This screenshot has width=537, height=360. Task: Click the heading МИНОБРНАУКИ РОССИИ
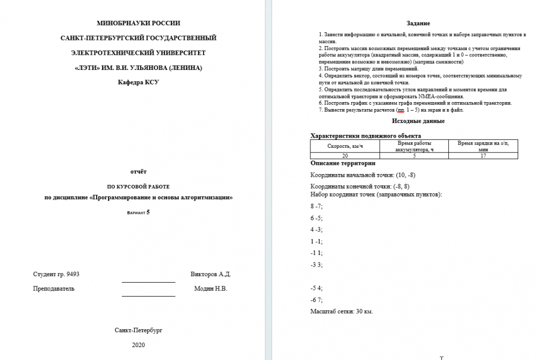138,23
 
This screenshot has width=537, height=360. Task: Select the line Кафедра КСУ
138,82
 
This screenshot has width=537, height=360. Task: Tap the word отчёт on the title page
138,171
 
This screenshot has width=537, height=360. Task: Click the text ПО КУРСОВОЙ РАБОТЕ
138,186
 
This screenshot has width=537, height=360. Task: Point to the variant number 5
148,212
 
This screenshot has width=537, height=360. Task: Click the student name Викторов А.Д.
211,274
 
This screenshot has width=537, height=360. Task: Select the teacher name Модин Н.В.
211,289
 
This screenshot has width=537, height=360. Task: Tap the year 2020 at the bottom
138,345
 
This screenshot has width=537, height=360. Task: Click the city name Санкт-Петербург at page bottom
138,330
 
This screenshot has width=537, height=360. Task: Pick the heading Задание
418,24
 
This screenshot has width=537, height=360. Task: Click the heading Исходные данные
418,121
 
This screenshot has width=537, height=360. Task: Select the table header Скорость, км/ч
345,146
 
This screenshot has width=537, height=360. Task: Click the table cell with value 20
345,155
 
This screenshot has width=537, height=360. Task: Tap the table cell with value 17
483,155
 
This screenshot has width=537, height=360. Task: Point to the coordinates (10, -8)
405,175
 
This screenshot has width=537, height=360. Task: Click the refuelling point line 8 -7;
316,206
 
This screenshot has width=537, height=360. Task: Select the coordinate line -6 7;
316,300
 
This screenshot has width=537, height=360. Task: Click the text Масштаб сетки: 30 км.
342,311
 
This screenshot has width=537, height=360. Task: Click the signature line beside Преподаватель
148,295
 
